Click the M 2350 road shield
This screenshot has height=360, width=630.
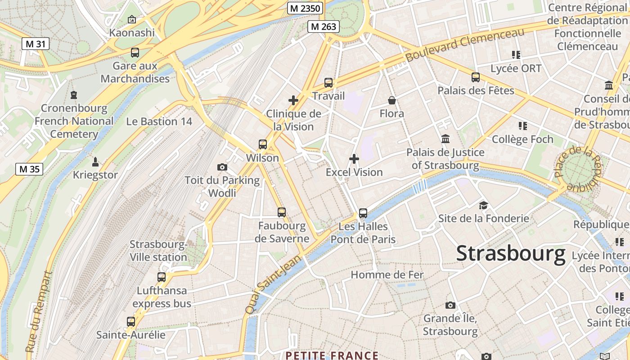coord(305,8)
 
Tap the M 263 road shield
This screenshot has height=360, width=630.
coord(323,27)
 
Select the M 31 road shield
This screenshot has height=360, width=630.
coord(35,44)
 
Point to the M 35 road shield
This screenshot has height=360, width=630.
coord(30,169)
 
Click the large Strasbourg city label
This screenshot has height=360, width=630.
coord(511,253)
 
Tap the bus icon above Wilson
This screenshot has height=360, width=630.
coord(263,144)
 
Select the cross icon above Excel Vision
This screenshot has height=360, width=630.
coord(354,159)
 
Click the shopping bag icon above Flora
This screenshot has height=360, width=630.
coord(392,100)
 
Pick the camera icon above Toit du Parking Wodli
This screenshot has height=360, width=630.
coord(222,167)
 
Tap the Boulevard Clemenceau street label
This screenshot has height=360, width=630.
coord(465,45)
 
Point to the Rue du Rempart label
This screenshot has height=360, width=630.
coord(38,311)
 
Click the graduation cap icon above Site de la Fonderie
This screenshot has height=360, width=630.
coord(483,205)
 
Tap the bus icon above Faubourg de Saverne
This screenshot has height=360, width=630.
coord(282,212)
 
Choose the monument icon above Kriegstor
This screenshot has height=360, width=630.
coord(95,162)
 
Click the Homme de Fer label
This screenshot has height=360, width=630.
coord(387,274)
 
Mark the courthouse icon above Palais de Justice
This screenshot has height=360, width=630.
coord(445,139)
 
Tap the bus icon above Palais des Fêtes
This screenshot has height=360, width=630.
coord(476,77)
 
